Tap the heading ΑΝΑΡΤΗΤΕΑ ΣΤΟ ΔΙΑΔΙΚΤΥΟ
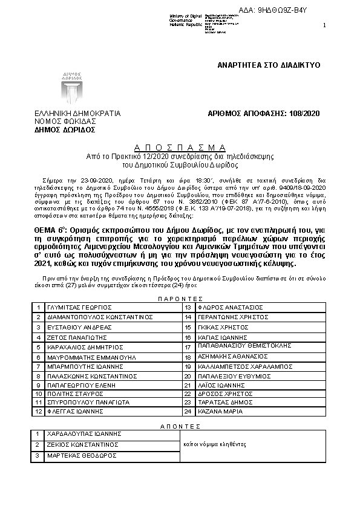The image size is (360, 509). (268, 64)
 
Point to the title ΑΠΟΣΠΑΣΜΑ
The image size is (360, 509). (179, 148)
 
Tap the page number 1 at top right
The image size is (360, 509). (324, 25)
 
